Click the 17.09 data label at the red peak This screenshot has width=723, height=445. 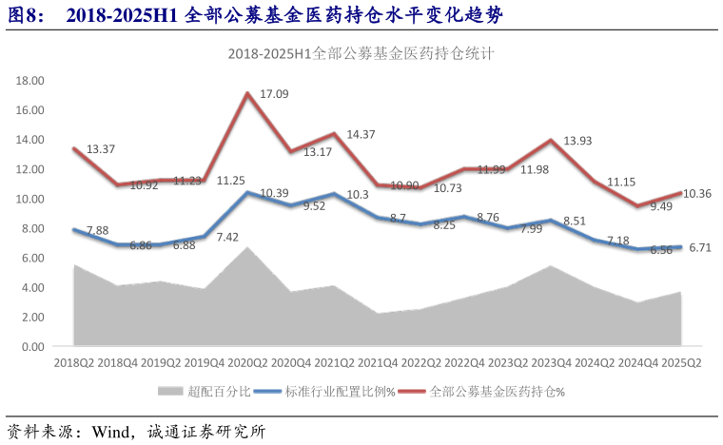pyautogui.click(x=275, y=95)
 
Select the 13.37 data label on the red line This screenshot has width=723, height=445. pyautogui.click(x=102, y=150)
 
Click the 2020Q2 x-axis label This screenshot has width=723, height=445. pyautogui.click(x=247, y=363)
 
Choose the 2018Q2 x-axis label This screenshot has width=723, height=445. pyautogui.click(x=73, y=363)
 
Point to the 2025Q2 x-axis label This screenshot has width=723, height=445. pyautogui.click(x=681, y=363)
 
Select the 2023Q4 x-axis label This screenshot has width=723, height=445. pyautogui.click(x=552, y=363)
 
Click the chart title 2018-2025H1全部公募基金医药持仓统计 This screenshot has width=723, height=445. pyautogui.click(x=361, y=54)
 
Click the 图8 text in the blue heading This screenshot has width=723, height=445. pyautogui.click(x=25, y=16)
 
